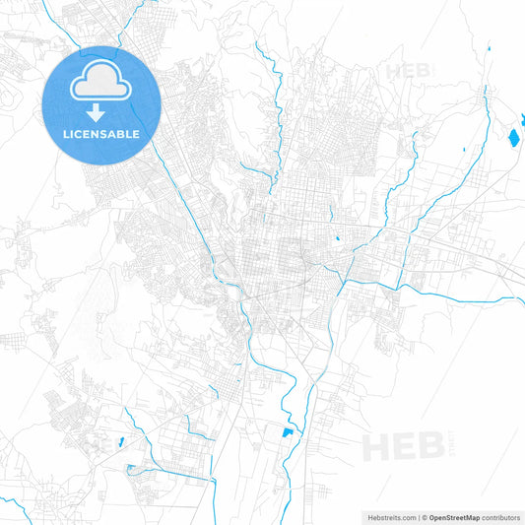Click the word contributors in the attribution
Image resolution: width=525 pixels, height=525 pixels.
click(x=500, y=516)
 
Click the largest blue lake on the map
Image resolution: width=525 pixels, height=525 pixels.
click(x=513, y=137)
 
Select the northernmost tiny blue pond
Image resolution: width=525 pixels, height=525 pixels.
click(x=489, y=46)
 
